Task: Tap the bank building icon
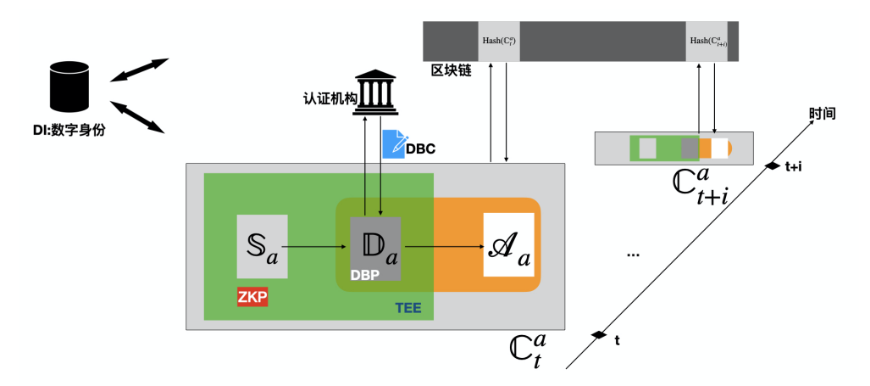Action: (x=375, y=92)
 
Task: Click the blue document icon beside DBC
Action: (x=394, y=143)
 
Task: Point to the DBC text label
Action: (x=421, y=148)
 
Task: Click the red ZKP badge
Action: (x=252, y=296)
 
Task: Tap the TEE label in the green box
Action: (x=410, y=307)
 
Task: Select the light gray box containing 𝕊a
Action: (x=262, y=247)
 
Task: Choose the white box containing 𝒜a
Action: (x=508, y=245)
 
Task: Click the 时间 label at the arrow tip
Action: (x=823, y=113)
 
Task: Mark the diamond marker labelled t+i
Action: (x=773, y=165)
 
